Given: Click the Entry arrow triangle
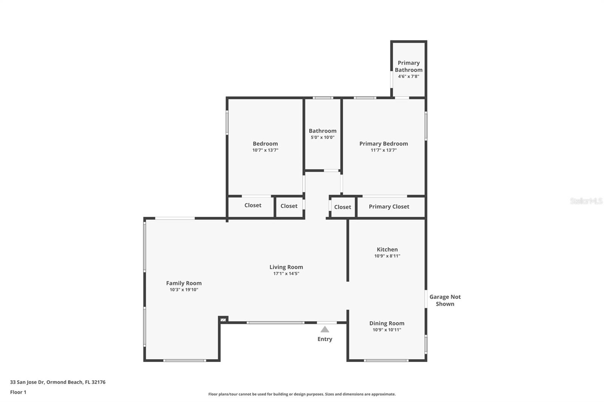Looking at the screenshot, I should point(325,329).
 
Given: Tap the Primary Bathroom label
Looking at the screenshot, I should point(408,66).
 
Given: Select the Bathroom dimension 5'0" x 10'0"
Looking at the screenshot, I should point(322,137).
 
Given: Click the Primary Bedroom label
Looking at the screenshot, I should point(384,144).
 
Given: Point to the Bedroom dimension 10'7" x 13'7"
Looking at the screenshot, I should point(265,150).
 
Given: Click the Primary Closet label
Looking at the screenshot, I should point(389,207).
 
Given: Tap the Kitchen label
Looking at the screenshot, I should point(387,249).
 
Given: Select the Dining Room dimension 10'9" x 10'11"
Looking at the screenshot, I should point(387,330).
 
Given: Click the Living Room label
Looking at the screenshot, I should point(286,267).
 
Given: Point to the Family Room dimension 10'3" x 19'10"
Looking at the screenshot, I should point(184,290).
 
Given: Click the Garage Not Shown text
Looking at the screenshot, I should point(445,300).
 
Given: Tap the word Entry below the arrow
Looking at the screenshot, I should point(325,339).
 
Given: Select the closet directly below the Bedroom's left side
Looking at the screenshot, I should point(253,206).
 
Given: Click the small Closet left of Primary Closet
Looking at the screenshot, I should point(342,207).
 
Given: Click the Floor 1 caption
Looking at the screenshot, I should point(18,392).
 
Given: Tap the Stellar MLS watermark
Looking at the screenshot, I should point(586,201).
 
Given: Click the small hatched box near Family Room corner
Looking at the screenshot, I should point(223,320).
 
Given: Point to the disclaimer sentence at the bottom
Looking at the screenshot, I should point(302,394).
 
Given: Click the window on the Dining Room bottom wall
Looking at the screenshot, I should point(386,361).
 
